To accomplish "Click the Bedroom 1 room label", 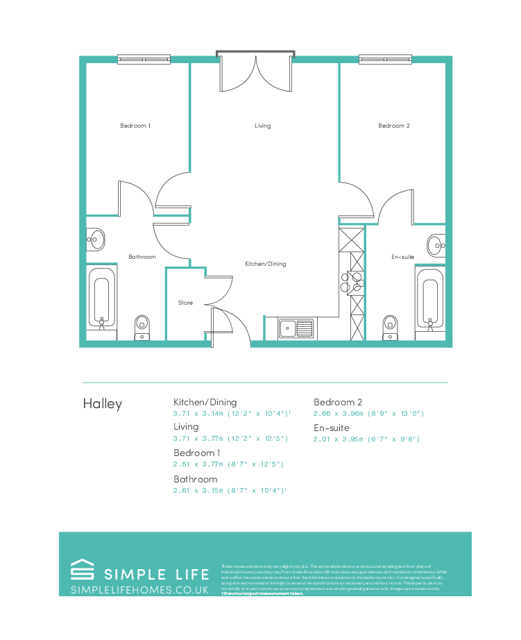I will tap(135, 126).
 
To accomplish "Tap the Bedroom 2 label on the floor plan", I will tap(393, 126).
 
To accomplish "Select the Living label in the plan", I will tap(262, 126).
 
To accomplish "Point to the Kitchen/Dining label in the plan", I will tap(265, 264).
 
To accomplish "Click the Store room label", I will tap(185, 303).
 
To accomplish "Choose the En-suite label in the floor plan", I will tap(402, 257).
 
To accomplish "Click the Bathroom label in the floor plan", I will tap(142, 257).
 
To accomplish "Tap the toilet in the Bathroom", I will tap(142, 326).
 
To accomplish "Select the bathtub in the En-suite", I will tap(429, 298).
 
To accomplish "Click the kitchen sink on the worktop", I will tap(297, 328).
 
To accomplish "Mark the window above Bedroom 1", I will tap(144, 60).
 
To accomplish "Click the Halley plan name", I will tap(102, 403).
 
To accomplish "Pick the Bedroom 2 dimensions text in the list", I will tap(368, 414).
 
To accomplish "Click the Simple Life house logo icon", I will tap(83, 571).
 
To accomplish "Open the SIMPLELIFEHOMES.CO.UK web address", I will tap(139, 589).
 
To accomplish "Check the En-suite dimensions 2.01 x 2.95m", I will tap(366, 439).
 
